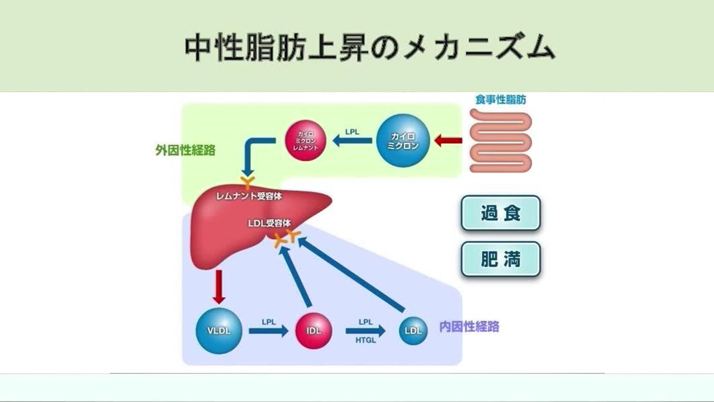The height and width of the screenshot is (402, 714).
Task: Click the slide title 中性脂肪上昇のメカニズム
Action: point(370,47)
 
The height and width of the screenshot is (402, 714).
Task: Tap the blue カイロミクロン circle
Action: point(403,141)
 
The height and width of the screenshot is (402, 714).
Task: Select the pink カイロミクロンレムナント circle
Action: point(305,141)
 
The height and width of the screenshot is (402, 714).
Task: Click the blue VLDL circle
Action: point(219,330)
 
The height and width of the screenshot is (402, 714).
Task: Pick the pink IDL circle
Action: point(313,330)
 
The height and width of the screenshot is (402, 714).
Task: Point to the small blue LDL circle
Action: point(413,331)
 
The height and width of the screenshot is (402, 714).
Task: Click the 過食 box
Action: point(500,213)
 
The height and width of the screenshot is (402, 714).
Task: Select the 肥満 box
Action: point(500,260)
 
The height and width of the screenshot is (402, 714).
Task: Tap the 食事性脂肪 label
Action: point(500,100)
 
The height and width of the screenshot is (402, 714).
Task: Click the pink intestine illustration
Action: point(500,140)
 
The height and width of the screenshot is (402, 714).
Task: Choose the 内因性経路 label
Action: point(469,327)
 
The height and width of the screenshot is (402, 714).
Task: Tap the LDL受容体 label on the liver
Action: point(269,223)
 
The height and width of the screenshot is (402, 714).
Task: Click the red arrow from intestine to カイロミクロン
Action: point(448,141)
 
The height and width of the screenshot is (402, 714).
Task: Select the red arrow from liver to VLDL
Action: point(219,286)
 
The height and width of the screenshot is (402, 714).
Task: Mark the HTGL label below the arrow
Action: point(366,341)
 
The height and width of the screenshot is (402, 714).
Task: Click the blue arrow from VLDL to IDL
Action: point(268,331)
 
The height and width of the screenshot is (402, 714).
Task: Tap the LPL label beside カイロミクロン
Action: point(352,132)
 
